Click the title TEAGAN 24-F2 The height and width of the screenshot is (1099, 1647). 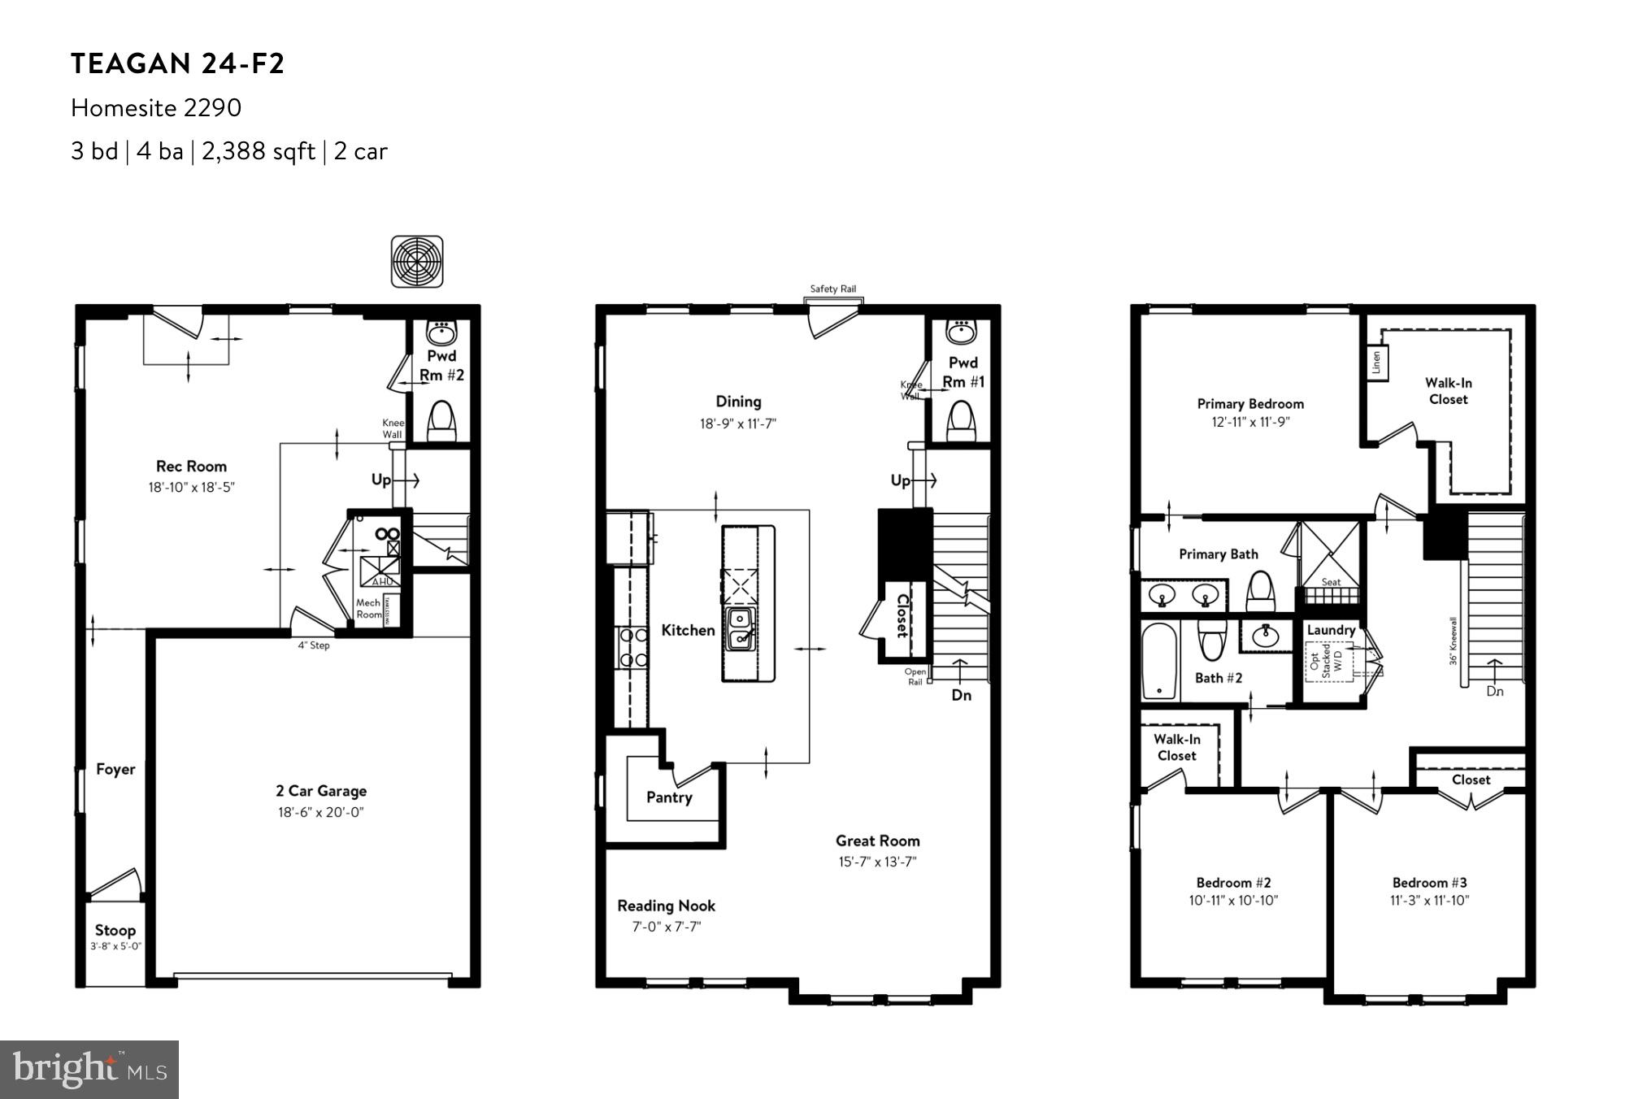[x=177, y=63]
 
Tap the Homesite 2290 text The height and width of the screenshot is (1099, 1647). [x=155, y=107]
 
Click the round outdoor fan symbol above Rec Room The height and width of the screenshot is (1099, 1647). [x=417, y=262]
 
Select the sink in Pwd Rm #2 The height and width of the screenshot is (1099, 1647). [x=441, y=332]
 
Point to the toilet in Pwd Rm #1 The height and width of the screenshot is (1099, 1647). [x=961, y=421]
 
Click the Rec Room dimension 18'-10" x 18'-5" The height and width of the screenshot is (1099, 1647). [x=191, y=488]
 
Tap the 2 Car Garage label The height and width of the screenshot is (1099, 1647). [x=320, y=791]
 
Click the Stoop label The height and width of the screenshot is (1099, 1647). [x=115, y=930]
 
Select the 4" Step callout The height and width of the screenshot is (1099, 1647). [x=313, y=645]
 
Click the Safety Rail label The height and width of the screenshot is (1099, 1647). [x=832, y=289]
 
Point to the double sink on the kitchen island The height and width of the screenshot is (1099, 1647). [x=740, y=629]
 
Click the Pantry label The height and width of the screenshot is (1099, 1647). [x=669, y=797]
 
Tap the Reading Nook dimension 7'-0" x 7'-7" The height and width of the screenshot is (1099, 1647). [x=667, y=927]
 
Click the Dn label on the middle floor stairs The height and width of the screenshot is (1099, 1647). [x=961, y=695]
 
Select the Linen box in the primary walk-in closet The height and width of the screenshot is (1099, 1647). [x=1375, y=363]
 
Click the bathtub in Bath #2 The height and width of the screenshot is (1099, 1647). [x=1159, y=660]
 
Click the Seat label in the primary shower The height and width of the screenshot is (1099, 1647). [x=1331, y=582]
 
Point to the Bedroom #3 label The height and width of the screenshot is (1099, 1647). [x=1429, y=883]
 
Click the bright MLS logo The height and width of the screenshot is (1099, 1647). [x=89, y=1069]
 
